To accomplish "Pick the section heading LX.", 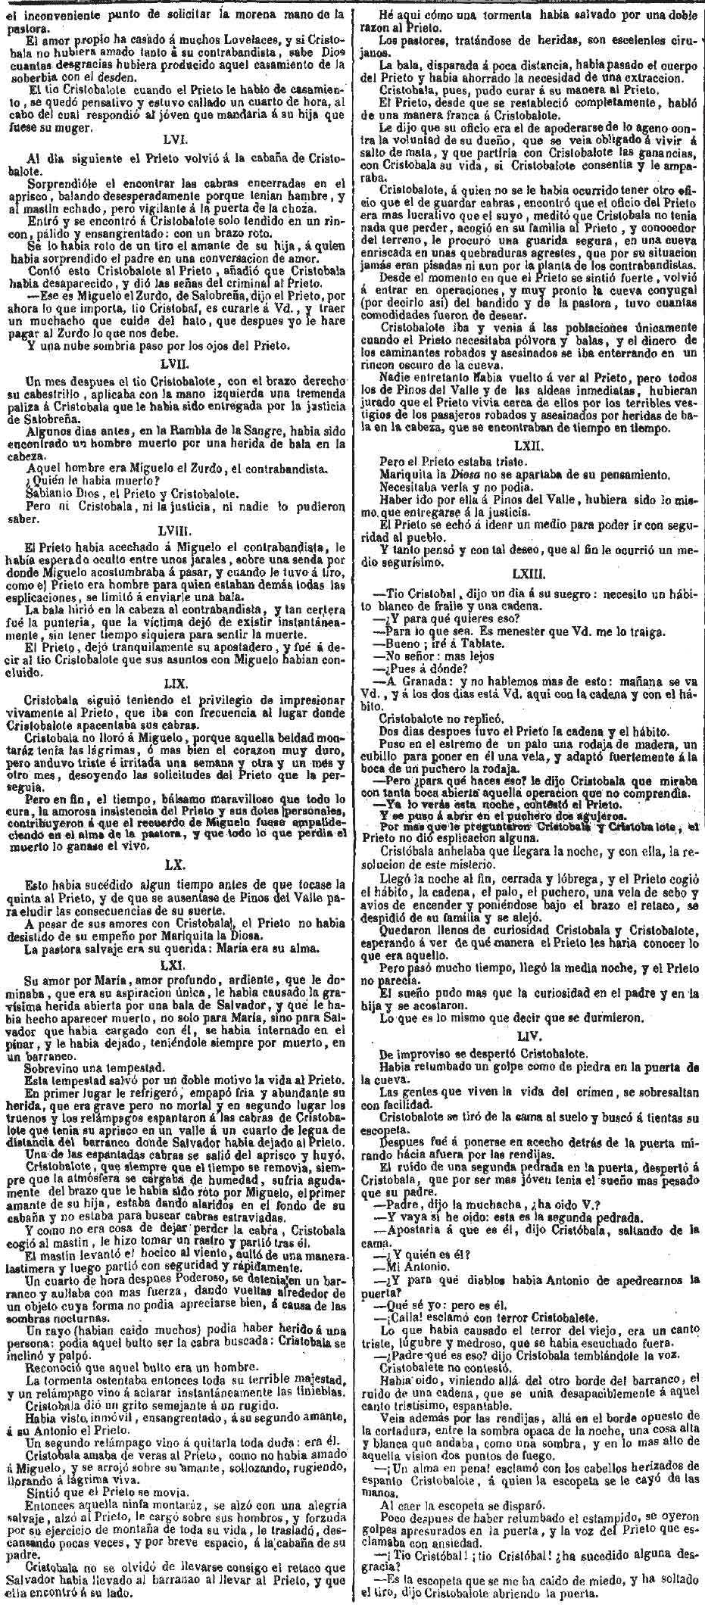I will click(x=177, y=863).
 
